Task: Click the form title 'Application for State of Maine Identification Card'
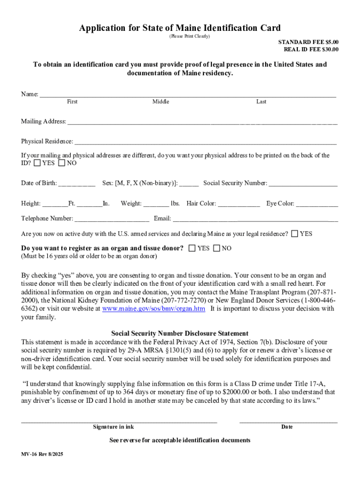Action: (x=180, y=28)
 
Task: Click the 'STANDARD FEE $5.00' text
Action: (x=308, y=42)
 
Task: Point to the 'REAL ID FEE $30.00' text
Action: (x=311, y=49)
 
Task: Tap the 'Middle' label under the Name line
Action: (x=160, y=102)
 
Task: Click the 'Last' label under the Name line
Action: (x=261, y=102)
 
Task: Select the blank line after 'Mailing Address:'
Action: (x=202, y=122)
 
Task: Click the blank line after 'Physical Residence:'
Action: (x=205, y=142)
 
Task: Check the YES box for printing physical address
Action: (x=37, y=163)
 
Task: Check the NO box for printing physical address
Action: (x=62, y=163)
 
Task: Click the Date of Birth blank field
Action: (x=77, y=183)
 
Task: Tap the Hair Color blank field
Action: (x=239, y=204)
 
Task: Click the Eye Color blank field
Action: (x=317, y=204)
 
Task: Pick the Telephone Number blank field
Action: (x=112, y=219)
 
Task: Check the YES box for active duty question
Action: (x=295, y=233)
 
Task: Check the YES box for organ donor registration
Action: (x=192, y=248)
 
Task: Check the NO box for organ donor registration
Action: (x=216, y=248)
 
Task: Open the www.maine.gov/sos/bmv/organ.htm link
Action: (x=154, y=309)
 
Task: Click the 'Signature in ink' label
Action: (x=113, y=427)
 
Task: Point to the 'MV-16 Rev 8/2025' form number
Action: (x=42, y=454)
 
